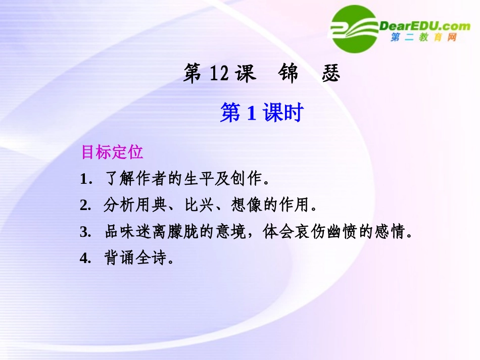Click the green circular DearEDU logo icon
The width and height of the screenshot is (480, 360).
pos(354,29)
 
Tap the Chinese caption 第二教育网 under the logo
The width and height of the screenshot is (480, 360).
pos(423,38)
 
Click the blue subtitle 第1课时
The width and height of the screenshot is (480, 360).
pos(261,113)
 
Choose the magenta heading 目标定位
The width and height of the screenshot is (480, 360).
pos(112,152)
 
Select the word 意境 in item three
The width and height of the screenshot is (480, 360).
pos(232,232)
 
